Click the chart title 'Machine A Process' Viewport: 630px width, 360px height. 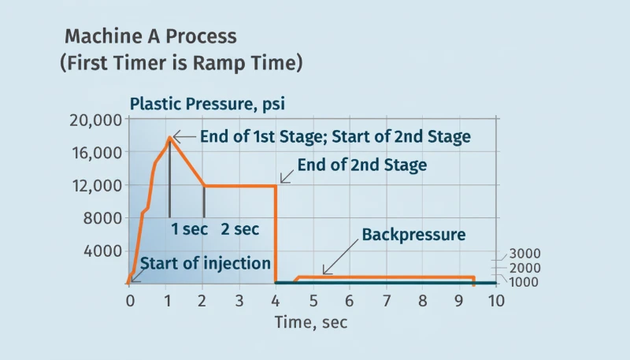pyautogui.click(x=150, y=36)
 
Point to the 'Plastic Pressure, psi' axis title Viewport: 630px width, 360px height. pyautogui.click(x=207, y=104)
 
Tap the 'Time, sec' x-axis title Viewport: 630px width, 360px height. pyautogui.click(x=310, y=321)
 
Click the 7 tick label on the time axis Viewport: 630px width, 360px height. pyautogui.click(x=387, y=301)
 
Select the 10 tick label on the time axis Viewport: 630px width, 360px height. pyautogui.click(x=495, y=301)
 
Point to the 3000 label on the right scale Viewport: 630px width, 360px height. pyautogui.click(x=524, y=254)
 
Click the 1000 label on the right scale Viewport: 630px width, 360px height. pyautogui.click(x=524, y=282)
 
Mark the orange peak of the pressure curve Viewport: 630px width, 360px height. pyautogui.click(x=169, y=138)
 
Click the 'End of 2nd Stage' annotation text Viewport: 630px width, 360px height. pyautogui.click(x=361, y=165)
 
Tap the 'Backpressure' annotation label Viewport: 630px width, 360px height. pyautogui.click(x=413, y=235)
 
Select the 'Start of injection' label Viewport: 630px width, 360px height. pyautogui.click(x=206, y=263)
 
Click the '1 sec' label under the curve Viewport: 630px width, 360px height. pyautogui.click(x=189, y=229)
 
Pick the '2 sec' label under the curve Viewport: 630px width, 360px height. pyautogui.click(x=239, y=229)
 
